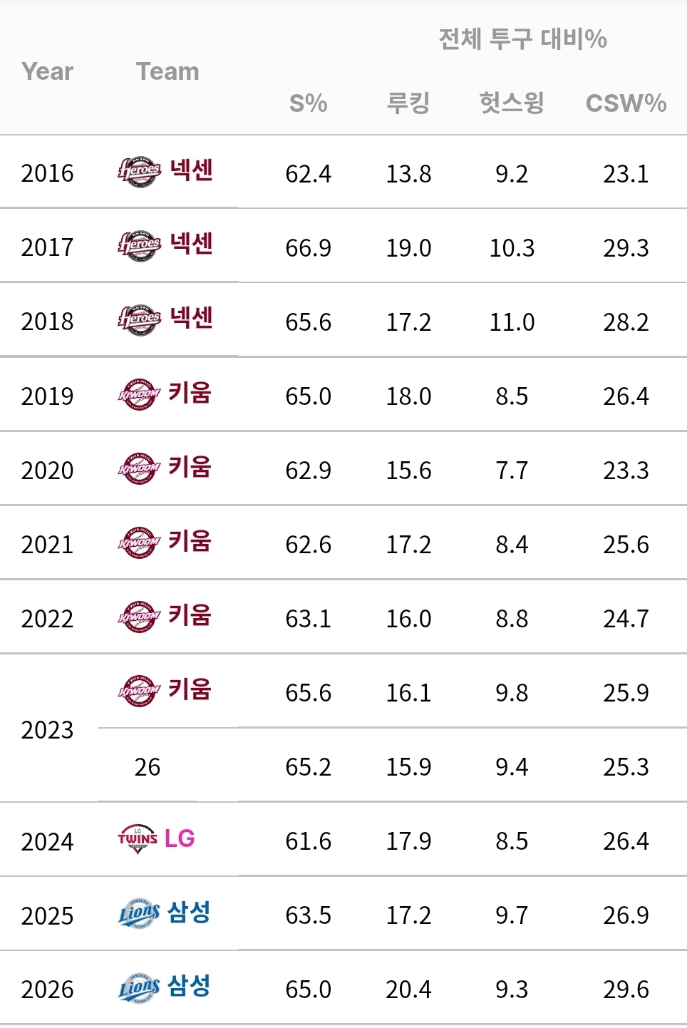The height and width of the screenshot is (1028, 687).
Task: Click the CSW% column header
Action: tap(626, 103)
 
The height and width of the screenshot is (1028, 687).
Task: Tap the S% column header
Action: tap(308, 103)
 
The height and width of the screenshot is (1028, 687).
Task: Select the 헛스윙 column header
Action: tap(512, 103)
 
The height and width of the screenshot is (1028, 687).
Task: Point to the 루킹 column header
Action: tap(408, 103)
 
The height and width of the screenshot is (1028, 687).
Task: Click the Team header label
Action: tap(167, 71)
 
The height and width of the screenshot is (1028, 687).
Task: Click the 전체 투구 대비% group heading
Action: tap(522, 38)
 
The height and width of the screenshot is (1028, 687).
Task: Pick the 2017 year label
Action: tap(47, 247)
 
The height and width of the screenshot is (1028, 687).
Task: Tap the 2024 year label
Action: tap(47, 842)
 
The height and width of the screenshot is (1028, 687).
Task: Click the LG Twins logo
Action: tap(138, 839)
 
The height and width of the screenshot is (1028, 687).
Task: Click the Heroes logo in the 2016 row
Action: tap(140, 172)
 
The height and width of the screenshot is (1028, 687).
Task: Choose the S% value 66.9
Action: tap(308, 248)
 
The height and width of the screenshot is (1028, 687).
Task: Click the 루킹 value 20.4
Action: tap(408, 990)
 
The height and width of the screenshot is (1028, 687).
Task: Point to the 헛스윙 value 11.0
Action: tap(512, 322)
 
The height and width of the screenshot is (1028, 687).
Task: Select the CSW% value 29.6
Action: tap(626, 990)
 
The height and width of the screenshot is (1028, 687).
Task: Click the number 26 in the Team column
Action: tap(148, 767)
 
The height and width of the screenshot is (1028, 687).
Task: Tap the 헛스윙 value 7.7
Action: tap(512, 471)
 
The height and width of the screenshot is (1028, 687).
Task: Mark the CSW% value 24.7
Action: tap(626, 619)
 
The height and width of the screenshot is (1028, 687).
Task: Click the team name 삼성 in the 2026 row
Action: tap(189, 987)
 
